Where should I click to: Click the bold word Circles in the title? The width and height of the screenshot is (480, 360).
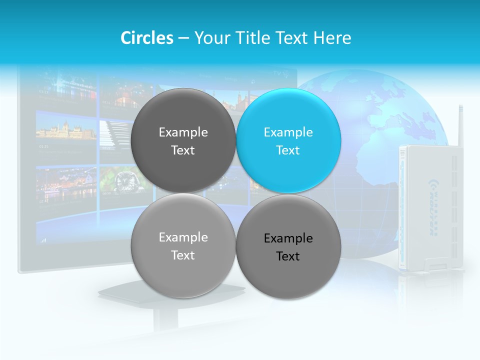[147, 38]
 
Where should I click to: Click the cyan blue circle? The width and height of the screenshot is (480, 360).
[288, 140]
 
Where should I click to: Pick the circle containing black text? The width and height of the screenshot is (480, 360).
[288, 246]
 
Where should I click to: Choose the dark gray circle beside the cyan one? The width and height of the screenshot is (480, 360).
[183, 140]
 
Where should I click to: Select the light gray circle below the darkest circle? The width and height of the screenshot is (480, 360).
[183, 245]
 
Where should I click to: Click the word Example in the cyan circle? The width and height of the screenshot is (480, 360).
[288, 132]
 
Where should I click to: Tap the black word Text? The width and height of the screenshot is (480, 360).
[288, 256]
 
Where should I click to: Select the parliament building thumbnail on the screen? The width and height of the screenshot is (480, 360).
[66, 131]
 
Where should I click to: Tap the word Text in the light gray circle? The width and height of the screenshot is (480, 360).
[183, 255]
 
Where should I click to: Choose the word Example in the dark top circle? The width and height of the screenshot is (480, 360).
[183, 132]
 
